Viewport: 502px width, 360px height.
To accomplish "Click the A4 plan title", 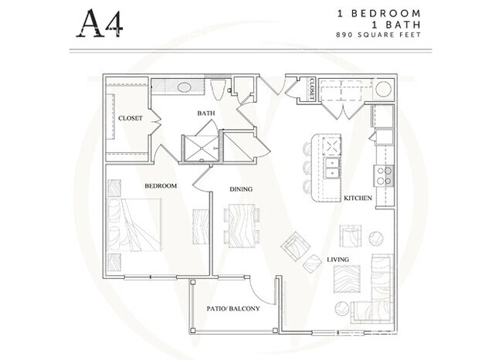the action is pyautogui.click(x=100, y=23).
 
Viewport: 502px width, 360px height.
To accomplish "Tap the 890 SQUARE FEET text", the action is pyautogui.click(x=378, y=35).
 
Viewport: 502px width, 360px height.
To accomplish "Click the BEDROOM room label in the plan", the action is pyautogui.click(x=161, y=185).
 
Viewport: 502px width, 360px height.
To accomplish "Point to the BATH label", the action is pyautogui.click(x=206, y=113).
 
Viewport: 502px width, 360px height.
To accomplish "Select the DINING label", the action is pyautogui.click(x=241, y=189).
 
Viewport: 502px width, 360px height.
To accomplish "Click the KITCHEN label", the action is pyautogui.click(x=358, y=199).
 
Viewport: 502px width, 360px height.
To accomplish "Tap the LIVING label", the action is pyautogui.click(x=337, y=260).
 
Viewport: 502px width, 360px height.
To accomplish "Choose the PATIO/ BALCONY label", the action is pyautogui.click(x=233, y=309).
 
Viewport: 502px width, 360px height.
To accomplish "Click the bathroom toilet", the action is pyautogui.click(x=219, y=90).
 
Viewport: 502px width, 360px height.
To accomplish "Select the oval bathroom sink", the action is pyautogui.click(x=184, y=87).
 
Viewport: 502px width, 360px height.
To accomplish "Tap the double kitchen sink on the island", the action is pyautogui.click(x=331, y=168).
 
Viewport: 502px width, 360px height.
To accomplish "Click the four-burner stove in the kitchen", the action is pyautogui.click(x=384, y=176).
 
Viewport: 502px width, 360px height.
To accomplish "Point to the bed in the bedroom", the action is pyautogui.click(x=134, y=225).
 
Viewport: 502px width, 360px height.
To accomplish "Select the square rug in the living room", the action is pyautogui.click(x=347, y=279).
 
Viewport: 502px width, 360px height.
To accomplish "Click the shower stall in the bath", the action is pyautogui.click(x=202, y=148).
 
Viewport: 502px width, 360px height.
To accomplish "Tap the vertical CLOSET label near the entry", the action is pyautogui.click(x=312, y=88).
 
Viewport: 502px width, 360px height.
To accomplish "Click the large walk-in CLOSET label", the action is pyautogui.click(x=131, y=118).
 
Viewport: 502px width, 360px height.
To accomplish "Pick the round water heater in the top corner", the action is pyautogui.click(x=383, y=89).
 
